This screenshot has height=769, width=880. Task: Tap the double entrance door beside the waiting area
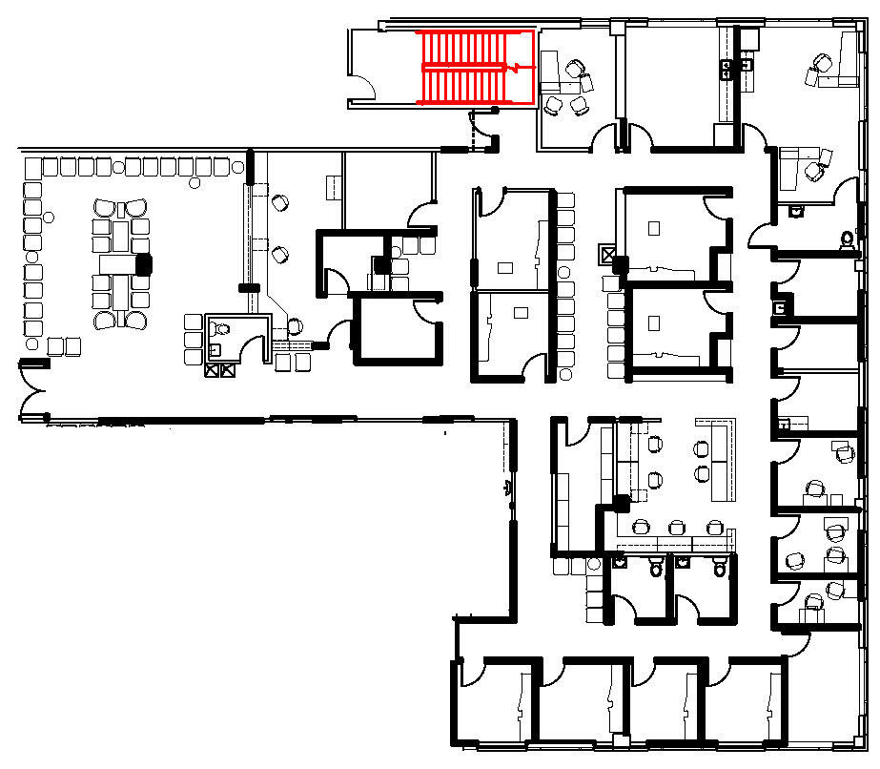point(33,391)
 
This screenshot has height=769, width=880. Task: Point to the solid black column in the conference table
point(144,264)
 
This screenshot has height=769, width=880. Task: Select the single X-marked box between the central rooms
point(607,255)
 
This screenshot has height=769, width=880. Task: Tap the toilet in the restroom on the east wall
point(846,239)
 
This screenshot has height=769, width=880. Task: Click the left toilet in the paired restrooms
point(654,570)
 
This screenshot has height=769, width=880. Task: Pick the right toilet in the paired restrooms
point(720,570)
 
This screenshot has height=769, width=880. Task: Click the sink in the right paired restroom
point(682,563)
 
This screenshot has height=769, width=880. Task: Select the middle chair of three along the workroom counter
point(677,527)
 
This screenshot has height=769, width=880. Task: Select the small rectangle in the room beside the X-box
point(654,228)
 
